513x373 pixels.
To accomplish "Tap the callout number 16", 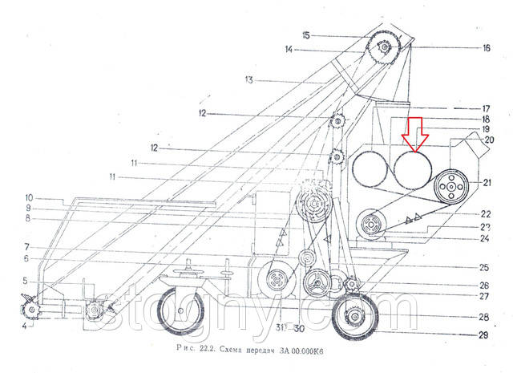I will tap(486, 47).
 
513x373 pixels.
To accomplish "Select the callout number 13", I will tap(248, 79).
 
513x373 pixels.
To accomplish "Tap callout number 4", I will tap(24, 326).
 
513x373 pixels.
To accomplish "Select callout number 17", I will tap(486, 108).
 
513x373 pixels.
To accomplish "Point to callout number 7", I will tap(26, 246).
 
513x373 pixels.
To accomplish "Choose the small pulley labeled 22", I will tap(370, 223).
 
